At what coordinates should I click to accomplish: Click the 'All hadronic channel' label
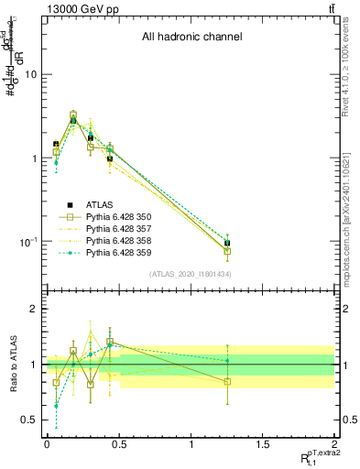coord(191,38)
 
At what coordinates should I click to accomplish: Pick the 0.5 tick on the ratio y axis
coord(30,420)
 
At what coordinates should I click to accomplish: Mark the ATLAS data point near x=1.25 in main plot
coord(226,244)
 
